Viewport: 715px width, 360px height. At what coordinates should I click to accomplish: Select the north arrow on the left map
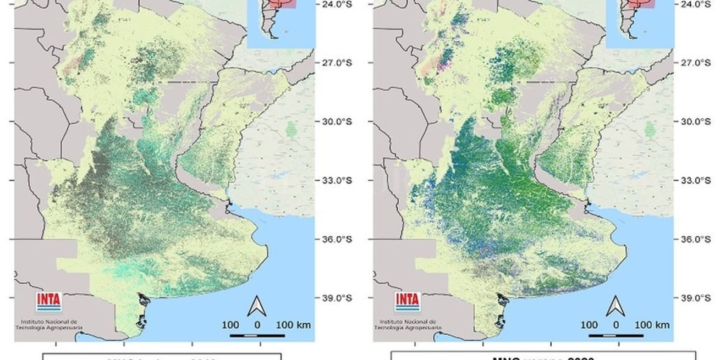click(x=257, y=306)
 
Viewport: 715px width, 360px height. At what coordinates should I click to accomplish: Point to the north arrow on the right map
click(x=616, y=306)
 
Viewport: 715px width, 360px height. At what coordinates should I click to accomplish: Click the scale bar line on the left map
click(x=249, y=335)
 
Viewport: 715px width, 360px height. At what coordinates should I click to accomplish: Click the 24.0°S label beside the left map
click(x=337, y=4)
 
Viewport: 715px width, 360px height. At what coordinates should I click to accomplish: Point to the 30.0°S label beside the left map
click(x=337, y=121)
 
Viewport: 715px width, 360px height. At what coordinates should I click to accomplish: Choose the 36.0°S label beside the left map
click(x=337, y=239)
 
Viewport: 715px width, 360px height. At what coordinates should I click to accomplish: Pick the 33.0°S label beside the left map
click(x=337, y=180)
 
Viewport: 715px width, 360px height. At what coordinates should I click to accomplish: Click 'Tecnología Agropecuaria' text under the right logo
click(x=404, y=328)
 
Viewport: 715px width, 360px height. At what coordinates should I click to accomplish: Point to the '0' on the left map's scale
click(x=257, y=325)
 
